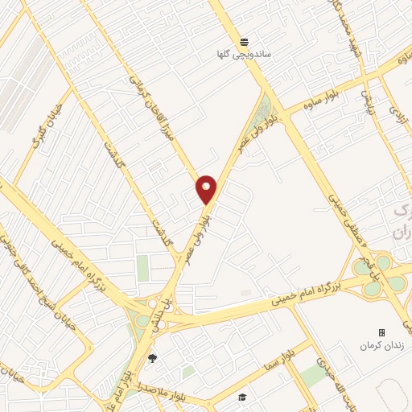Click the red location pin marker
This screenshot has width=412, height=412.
tap(206, 189)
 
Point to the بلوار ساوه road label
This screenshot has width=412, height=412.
tap(303, 104)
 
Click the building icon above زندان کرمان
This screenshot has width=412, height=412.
tap(382, 332)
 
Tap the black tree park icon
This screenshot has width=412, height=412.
tap(153, 358)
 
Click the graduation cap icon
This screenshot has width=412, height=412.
tap(241, 397)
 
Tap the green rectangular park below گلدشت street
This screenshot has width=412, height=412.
tap(143, 268)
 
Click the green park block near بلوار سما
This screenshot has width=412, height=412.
tap(312, 375)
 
